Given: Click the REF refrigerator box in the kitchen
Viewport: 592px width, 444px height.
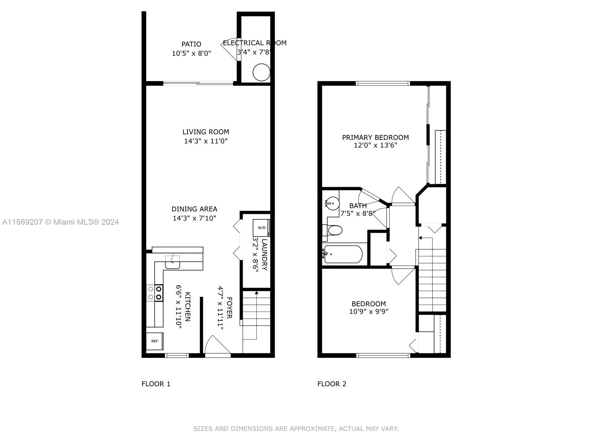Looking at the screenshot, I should coord(155,341).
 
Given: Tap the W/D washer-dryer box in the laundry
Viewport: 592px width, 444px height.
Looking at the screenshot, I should coord(261,228).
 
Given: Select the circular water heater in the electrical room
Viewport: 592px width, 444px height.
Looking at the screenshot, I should coord(261,72).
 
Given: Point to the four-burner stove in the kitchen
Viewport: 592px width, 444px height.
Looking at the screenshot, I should coord(155,293).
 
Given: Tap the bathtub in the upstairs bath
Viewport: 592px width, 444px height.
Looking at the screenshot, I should coord(343,254).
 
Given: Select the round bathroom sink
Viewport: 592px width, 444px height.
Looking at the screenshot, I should coord(332,203).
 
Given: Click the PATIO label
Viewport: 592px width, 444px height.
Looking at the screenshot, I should coord(191,44).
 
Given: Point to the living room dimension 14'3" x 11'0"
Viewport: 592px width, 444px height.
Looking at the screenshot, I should coord(206,141).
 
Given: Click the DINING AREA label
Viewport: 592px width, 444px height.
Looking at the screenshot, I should coord(194,209).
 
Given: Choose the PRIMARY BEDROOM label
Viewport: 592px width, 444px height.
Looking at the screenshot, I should coord(375,138).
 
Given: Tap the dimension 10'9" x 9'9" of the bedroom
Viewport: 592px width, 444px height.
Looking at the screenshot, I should coord(369,312).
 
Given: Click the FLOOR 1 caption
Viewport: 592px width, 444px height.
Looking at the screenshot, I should coord(156,384).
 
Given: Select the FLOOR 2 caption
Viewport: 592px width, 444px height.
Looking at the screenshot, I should coord(332,384).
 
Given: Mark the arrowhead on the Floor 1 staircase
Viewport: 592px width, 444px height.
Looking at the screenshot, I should coord(256,293).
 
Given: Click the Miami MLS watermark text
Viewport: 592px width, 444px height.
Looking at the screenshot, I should coord(61,222).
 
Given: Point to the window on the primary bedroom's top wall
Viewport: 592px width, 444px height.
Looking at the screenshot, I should coord(383,83).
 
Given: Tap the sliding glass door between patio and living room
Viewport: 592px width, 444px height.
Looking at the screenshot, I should coord(198,83).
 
